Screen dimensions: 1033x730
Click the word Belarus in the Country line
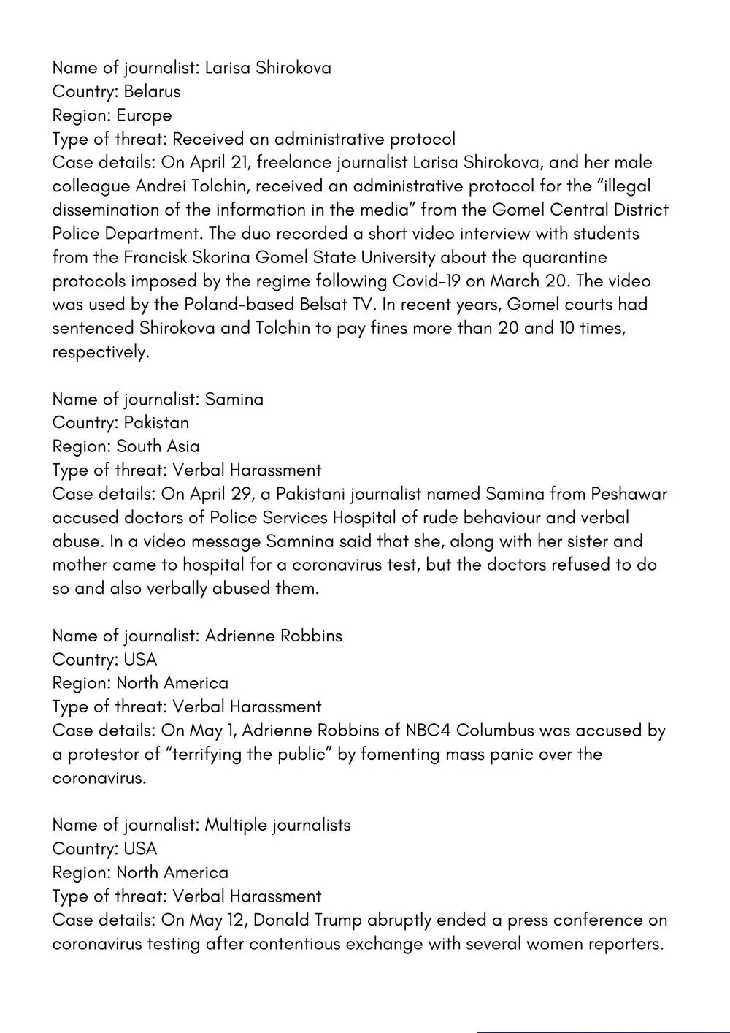click(152, 91)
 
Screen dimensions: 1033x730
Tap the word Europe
click(144, 115)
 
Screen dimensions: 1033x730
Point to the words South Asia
click(158, 446)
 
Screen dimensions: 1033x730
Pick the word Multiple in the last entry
click(236, 825)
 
